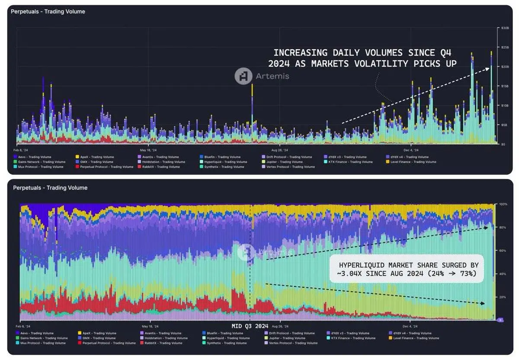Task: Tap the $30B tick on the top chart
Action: pyautogui.click(x=504, y=28)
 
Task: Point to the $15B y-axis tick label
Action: pyautogui.click(x=504, y=86)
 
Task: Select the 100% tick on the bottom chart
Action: pyautogui.click(x=503, y=204)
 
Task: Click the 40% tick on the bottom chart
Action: pyautogui.click(x=503, y=274)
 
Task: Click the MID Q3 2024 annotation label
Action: pyautogui.click(x=250, y=326)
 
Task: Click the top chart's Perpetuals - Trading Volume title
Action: pyautogui.click(x=48, y=12)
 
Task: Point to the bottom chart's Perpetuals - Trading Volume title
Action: pyautogui.click(x=50, y=188)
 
